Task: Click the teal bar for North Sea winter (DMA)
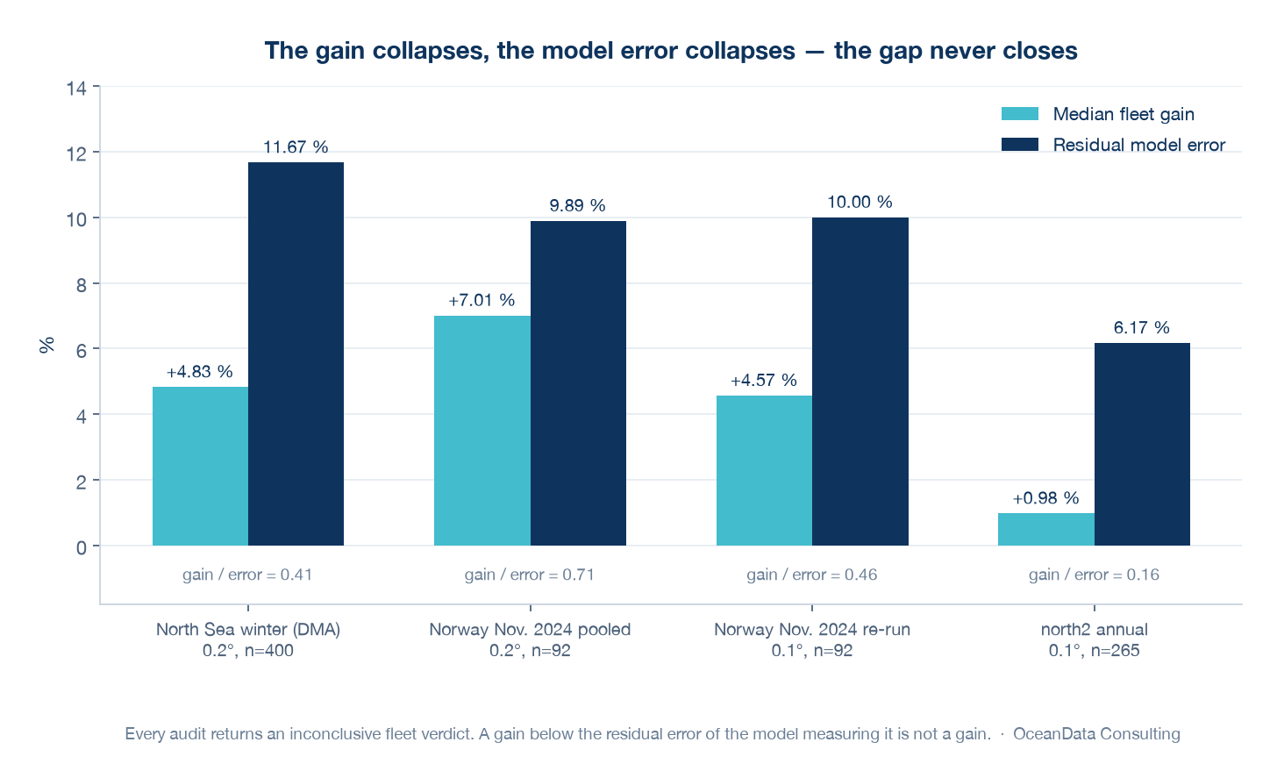pos(200,467)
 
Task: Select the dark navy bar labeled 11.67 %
pos(296,354)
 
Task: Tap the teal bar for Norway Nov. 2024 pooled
pos(482,431)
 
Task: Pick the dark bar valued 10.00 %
pos(860,382)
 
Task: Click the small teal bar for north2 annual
pos(1046,530)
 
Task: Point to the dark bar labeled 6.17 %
pos(1142,445)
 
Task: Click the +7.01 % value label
pos(482,300)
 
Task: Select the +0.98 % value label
pos(1045,498)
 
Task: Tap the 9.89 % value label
pos(577,205)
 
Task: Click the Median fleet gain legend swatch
pos(1020,113)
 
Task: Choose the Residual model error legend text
pos(1139,145)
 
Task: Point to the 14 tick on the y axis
pos(76,89)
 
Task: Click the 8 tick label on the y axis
pos(82,285)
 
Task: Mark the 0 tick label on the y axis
pos(82,547)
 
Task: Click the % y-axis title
pos(46,345)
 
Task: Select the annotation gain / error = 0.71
pos(530,575)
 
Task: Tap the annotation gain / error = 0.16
pos(1094,575)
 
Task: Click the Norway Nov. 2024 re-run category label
pos(812,629)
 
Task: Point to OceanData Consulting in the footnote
pos(1096,733)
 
